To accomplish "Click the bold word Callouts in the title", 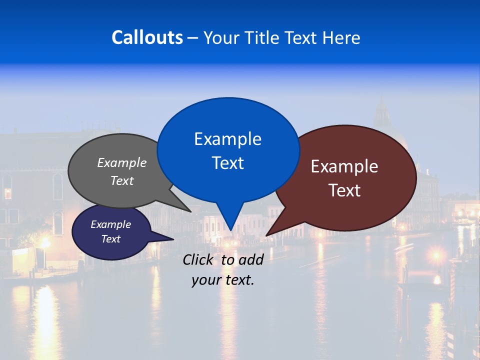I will [x=147, y=37].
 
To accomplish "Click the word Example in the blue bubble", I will [x=227, y=139].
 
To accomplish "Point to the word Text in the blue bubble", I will [x=227, y=163].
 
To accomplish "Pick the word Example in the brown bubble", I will [x=344, y=166].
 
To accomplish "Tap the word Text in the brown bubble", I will [x=344, y=190].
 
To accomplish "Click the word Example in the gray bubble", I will [x=122, y=163].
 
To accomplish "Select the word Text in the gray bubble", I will [x=122, y=180].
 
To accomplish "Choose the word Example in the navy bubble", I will [x=110, y=224].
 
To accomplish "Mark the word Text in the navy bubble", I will [x=110, y=239].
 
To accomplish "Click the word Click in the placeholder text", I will [x=198, y=259].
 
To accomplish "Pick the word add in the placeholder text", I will [x=250, y=259].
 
